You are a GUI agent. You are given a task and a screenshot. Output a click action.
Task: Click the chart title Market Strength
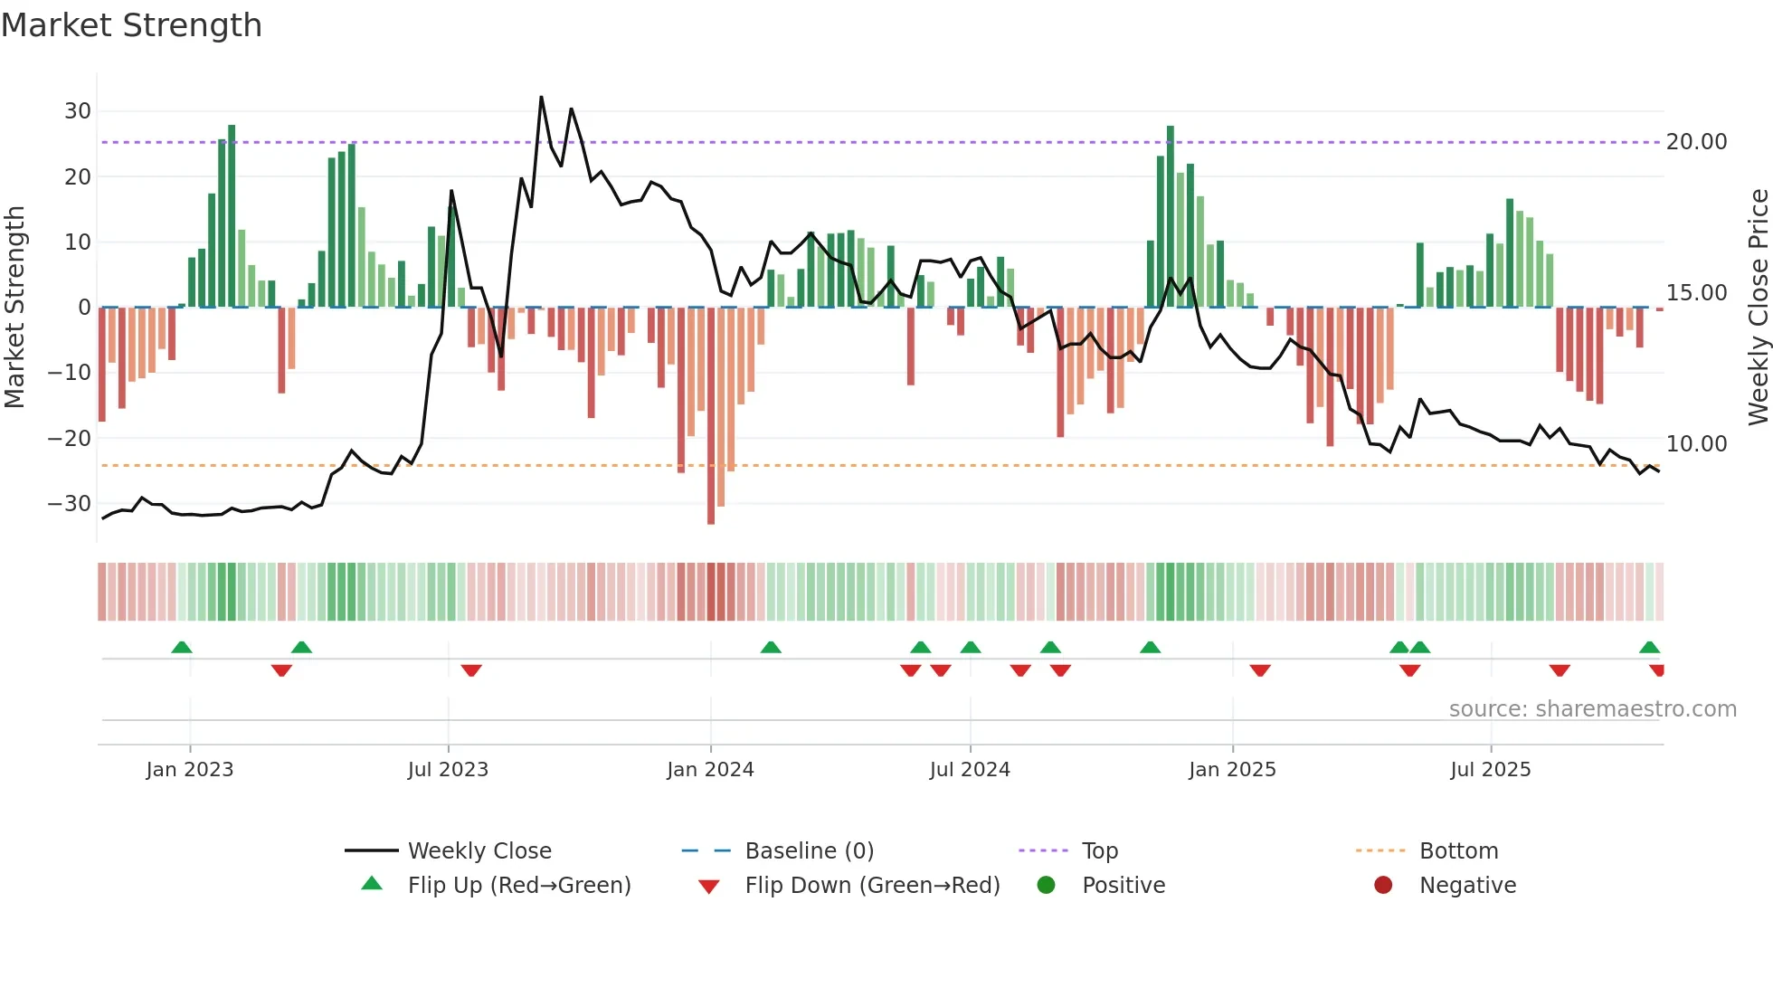coord(131,25)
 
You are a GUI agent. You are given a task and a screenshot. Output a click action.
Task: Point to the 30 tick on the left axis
coord(78,111)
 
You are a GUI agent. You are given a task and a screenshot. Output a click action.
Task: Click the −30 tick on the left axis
coord(71,504)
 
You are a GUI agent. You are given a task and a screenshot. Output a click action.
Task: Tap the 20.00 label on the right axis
coord(1696,142)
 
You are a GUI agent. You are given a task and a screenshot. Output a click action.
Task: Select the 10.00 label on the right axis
coord(1696,444)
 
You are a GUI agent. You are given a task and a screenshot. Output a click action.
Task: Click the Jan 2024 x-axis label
coord(710,770)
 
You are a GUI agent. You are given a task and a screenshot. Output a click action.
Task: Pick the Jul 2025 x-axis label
coord(1490,770)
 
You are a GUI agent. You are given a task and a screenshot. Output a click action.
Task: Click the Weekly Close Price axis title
coord(1758,308)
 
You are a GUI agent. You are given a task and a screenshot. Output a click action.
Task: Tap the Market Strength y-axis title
coord(14,308)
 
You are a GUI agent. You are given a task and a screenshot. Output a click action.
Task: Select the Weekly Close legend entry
coord(479,851)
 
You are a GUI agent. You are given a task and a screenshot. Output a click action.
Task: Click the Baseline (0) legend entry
coord(809,851)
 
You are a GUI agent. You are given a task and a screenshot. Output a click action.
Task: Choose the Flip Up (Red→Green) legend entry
coord(518,886)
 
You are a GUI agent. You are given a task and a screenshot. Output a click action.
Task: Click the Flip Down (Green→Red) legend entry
coord(872,886)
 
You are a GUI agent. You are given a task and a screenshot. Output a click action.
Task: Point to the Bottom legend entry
coord(1458,851)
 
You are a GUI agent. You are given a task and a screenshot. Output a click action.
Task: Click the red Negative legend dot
coord(1383,886)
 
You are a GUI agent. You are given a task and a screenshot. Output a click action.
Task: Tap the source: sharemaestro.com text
coord(1592,709)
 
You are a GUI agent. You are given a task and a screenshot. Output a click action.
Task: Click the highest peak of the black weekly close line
coord(541,98)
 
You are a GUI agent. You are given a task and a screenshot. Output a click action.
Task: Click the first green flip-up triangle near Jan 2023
coord(182,648)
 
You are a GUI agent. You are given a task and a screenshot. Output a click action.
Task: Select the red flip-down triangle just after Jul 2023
coord(471,670)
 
